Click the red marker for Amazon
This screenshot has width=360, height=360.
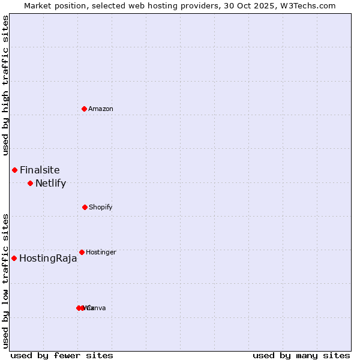tap(84, 109)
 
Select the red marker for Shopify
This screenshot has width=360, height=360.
tap(85, 207)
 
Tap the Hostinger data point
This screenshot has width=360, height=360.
tap(82, 252)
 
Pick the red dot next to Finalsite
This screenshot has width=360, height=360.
tap(14, 170)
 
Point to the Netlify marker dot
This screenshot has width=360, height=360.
tap(30, 183)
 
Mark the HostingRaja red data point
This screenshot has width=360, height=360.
tap(14, 258)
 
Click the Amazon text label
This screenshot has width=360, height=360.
tap(101, 109)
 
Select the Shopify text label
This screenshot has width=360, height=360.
tap(101, 207)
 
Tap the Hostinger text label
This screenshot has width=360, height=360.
tap(101, 252)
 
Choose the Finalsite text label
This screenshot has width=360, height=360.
tap(40, 170)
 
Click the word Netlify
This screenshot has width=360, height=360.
tap(50, 183)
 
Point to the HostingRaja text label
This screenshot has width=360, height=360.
tap(48, 259)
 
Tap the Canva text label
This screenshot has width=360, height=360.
tap(98, 308)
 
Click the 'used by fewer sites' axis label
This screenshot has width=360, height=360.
tap(62, 355)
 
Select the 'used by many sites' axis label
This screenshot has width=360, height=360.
tap(301, 355)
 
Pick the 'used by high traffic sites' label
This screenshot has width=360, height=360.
tap(5, 85)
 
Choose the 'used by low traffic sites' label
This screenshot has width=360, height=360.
tap(5, 280)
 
